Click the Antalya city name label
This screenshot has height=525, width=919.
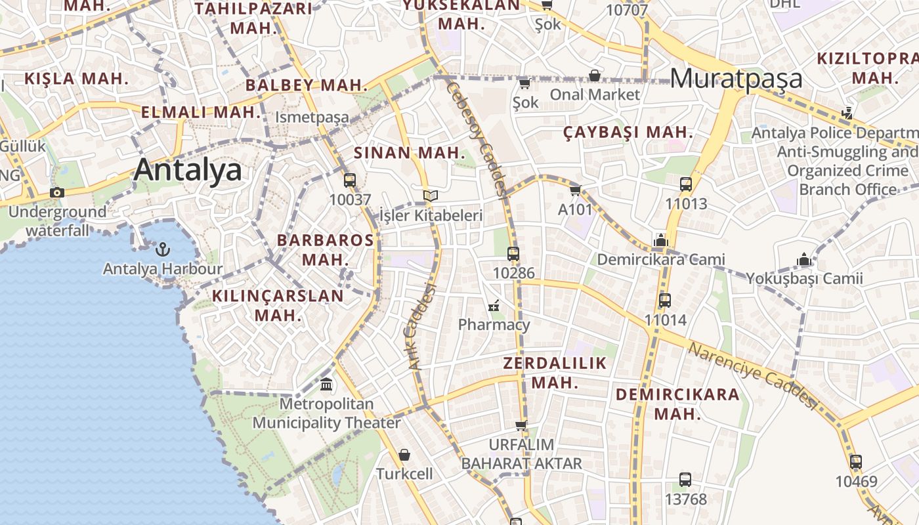(188, 170)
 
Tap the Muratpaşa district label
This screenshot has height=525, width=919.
(737, 78)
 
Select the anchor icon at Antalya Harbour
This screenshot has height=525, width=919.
(162, 249)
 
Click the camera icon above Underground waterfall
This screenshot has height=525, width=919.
(57, 192)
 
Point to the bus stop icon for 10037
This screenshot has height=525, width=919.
(350, 180)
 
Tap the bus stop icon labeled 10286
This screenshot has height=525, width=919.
(513, 253)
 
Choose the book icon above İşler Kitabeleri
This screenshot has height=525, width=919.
(431, 196)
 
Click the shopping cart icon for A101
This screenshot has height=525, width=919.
(575, 190)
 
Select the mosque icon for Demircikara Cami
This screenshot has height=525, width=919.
(661, 240)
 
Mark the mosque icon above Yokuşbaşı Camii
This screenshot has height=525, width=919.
(804, 259)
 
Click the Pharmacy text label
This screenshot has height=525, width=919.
(494, 324)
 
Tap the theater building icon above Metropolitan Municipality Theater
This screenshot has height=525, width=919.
(326, 384)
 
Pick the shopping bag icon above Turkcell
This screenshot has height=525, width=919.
(404, 454)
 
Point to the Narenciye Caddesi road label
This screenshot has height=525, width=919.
(754, 376)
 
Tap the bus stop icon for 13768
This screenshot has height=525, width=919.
(685, 480)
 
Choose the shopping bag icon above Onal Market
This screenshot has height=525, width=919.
(595, 75)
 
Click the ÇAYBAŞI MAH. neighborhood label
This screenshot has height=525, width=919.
(628, 132)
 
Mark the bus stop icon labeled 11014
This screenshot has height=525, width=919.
(665, 301)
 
